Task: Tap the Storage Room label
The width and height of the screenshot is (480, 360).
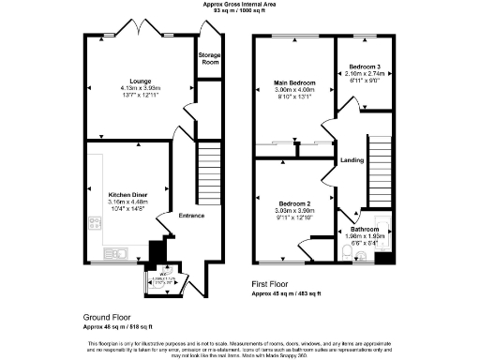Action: [209, 59]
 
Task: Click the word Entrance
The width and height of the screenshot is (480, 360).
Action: [192, 216]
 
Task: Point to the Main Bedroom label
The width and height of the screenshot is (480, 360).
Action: [294, 83]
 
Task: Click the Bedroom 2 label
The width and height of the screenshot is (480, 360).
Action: [293, 203]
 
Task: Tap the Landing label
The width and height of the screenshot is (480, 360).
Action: [352, 159]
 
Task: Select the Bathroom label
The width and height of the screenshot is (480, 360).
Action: [365, 229]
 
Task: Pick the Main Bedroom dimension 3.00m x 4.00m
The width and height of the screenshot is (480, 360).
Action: [294, 90]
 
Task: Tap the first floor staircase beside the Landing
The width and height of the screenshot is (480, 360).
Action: [380, 164]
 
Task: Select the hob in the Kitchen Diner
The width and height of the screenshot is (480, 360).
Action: [95, 223]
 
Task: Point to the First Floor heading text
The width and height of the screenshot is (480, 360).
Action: [275, 283]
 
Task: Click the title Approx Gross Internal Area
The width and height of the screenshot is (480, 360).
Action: [240, 4]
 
